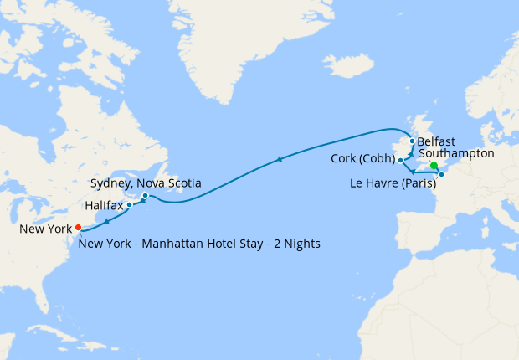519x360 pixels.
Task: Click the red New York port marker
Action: point(78,227)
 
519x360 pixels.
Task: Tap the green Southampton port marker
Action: point(434,166)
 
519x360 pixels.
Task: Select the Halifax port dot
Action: point(129,204)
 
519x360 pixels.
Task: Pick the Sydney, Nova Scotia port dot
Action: point(145,196)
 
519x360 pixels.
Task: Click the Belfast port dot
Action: point(412,141)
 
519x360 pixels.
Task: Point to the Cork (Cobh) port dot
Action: point(401,160)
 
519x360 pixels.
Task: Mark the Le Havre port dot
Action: point(441,174)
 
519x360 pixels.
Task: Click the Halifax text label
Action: point(104,204)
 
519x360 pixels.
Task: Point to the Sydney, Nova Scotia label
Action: point(141,183)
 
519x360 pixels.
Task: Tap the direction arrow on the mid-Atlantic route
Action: point(278,159)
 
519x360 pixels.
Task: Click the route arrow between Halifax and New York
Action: point(107,219)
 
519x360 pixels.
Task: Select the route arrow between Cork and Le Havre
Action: point(414,172)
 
